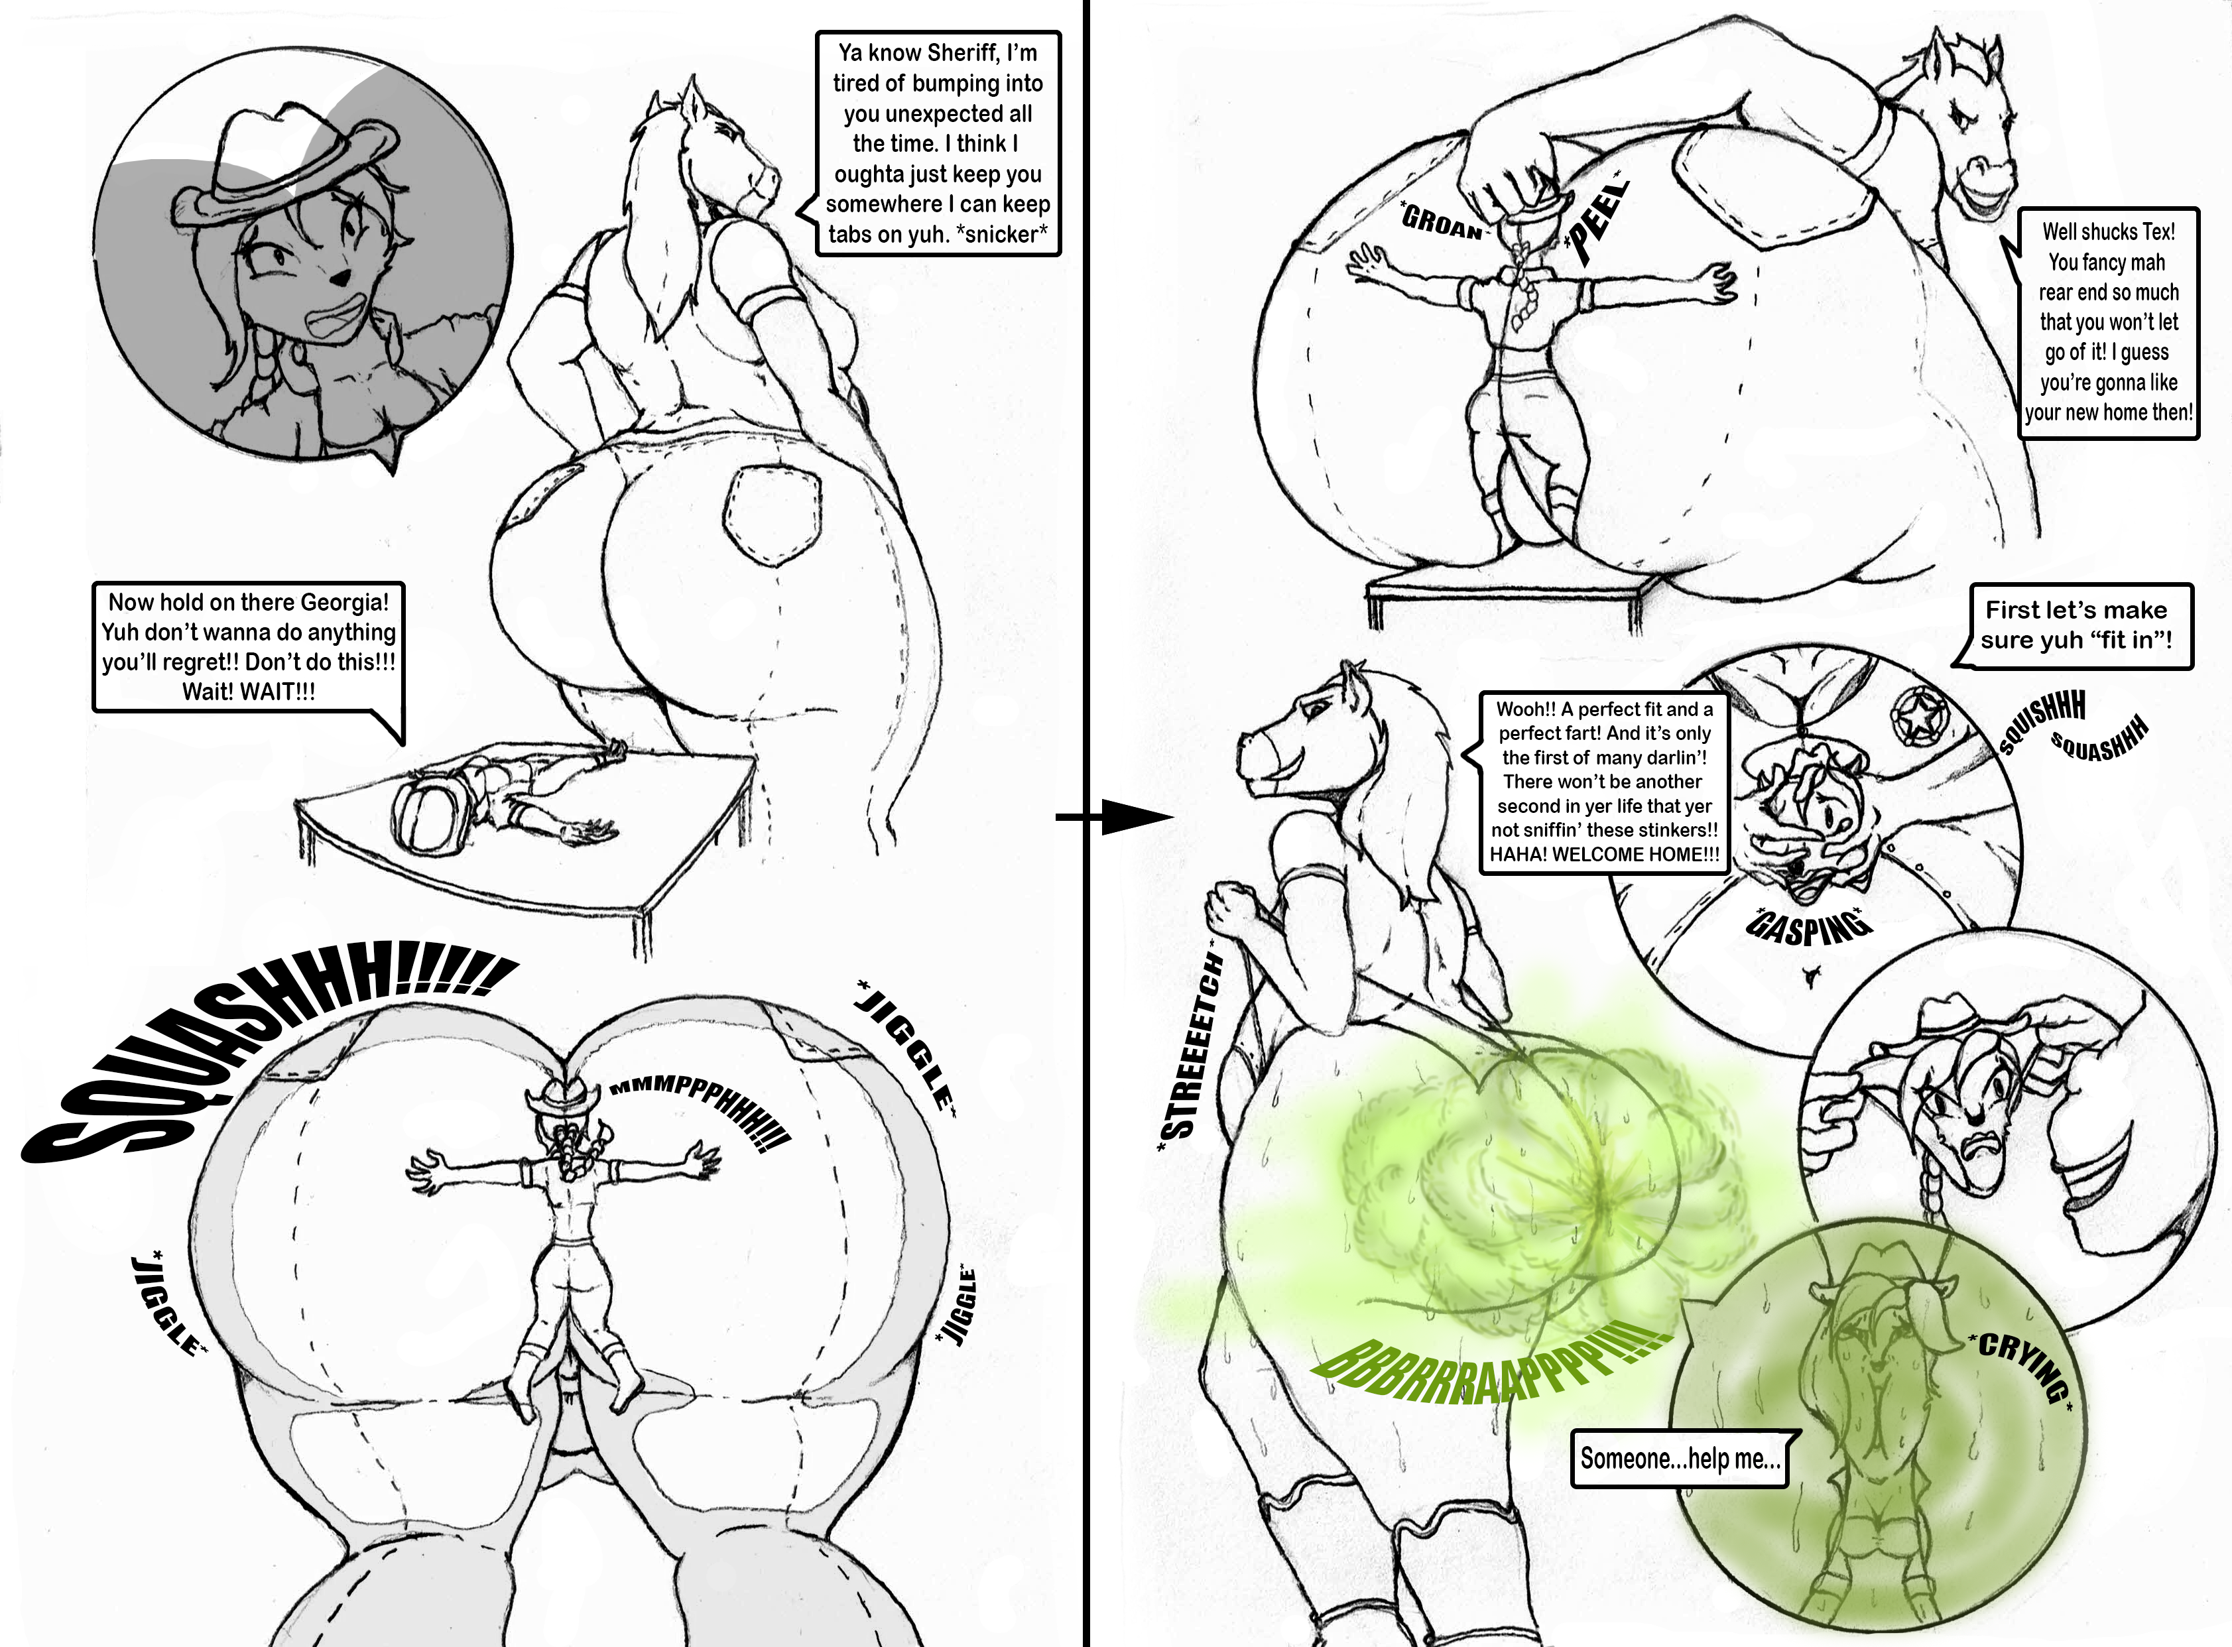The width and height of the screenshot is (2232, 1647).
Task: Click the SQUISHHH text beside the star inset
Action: (2042, 723)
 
